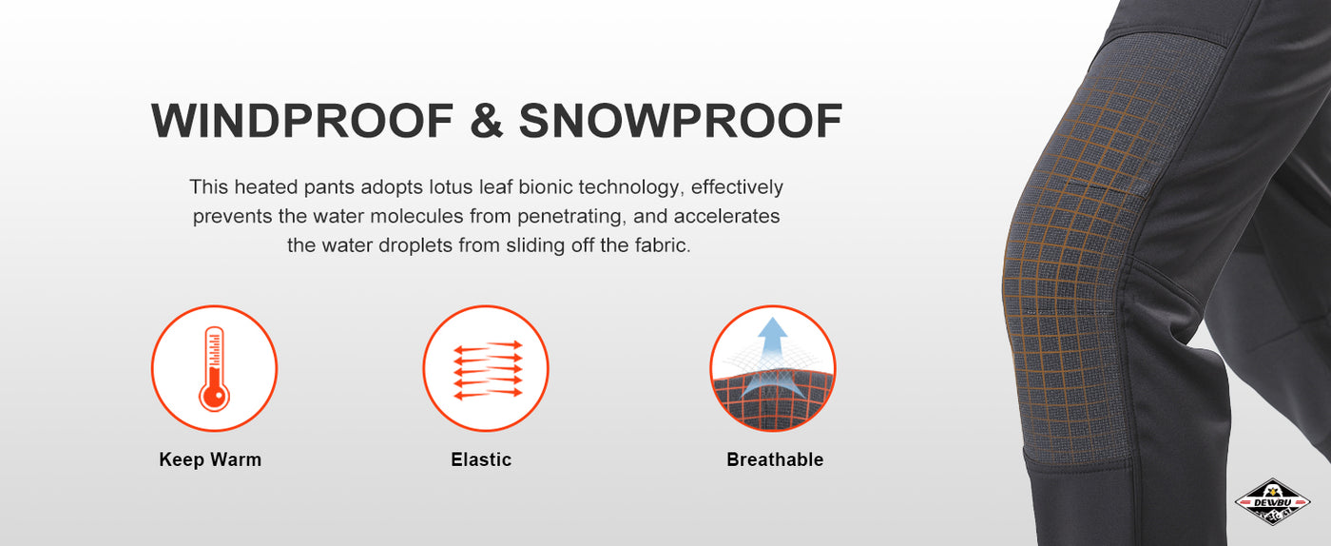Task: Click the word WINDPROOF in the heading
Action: click(x=302, y=121)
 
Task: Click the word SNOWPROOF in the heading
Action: click(x=681, y=121)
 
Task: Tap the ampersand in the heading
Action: click(x=486, y=121)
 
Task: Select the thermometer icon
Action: click(x=214, y=368)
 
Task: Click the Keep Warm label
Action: click(x=210, y=459)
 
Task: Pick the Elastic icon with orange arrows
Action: click(x=486, y=368)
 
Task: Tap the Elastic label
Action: click(x=481, y=459)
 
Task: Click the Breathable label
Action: click(x=775, y=459)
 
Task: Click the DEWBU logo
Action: click(x=1272, y=502)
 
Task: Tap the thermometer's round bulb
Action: click(x=214, y=395)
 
